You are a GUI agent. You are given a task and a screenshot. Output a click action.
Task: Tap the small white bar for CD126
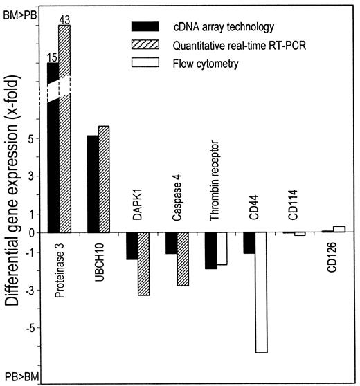(339, 229)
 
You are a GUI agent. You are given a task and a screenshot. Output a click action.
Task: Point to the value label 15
(51, 55)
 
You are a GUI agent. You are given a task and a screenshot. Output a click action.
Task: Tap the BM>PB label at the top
(18, 7)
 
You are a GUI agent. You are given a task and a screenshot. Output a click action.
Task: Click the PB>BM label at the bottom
(18, 376)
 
